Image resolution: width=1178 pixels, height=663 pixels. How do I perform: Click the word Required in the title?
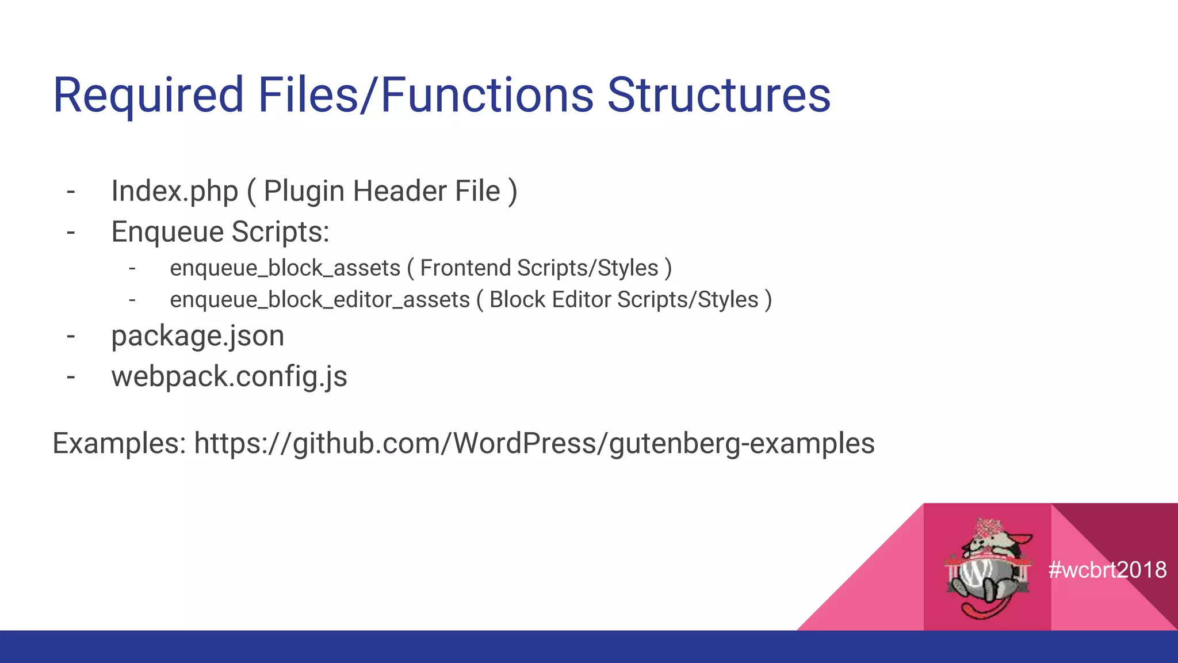tap(148, 96)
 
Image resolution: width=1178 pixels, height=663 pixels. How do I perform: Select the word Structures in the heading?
tap(718, 96)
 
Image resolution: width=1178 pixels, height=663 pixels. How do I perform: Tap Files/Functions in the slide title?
tap(426, 96)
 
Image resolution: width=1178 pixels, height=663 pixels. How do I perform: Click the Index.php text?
tap(174, 192)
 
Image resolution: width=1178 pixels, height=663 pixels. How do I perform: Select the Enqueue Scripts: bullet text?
tap(220, 233)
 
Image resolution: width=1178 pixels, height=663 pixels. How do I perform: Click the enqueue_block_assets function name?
tap(285, 269)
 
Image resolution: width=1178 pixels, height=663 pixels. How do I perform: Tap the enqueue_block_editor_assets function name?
tap(320, 300)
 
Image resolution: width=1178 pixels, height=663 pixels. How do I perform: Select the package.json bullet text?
tap(197, 336)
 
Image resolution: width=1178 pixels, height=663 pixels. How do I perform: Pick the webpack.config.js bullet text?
tap(229, 377)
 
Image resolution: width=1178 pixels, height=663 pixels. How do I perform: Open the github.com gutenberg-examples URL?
tap(534, 444)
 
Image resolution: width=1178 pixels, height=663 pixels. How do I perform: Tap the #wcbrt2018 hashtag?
tap(1107, 570)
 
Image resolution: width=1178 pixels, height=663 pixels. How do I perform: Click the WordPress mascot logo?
tap(987, 567)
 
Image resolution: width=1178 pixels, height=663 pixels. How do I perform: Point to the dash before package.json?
tap(71, 337)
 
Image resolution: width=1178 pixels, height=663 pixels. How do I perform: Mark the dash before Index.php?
tap(71, 192)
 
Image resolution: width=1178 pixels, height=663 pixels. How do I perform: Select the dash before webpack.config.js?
tap(71, 378)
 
